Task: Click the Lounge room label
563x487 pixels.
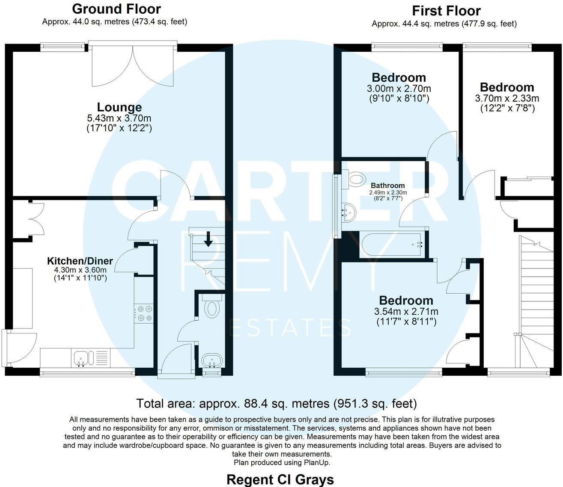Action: click(119, 107)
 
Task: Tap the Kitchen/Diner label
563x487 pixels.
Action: click(80, 261)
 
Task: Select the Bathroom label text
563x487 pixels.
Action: click(387, 186)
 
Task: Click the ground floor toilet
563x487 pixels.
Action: click(211, 308)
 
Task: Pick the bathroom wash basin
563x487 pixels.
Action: click(349, 213)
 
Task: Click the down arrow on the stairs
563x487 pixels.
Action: click(208, 239)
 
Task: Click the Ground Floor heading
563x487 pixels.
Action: click(116, 9)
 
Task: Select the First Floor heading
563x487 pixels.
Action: click(446, 11)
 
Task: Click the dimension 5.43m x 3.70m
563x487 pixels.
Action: click(119, 118)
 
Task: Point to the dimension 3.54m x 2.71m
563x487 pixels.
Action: click(406, 312)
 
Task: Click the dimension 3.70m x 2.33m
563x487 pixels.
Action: click(507, 98)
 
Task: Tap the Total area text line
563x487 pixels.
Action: click(276, 403)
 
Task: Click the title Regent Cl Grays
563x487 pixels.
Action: click(280, 479)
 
